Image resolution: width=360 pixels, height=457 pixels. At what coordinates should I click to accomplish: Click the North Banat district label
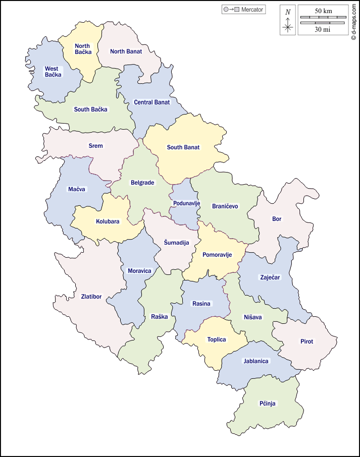(x=126, y=51)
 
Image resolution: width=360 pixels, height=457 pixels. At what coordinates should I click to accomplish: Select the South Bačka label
(x=91, y=109)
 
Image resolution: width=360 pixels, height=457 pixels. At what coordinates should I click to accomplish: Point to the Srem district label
(x=95, y=146)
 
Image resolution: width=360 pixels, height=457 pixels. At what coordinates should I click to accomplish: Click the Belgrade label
(x=142, y=183)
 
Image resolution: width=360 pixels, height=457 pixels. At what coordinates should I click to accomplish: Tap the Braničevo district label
(x=225, y=206)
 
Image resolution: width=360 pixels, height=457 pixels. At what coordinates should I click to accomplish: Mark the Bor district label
(x=277, y=219)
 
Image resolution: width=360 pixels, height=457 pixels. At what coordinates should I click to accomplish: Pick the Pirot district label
(x=306, y=341)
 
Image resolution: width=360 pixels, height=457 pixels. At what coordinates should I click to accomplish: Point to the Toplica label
(x=217, y=339)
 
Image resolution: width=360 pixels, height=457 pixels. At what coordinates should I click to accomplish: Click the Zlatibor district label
(x=91, y=297)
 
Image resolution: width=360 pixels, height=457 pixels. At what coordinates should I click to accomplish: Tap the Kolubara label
(x=108, y=221)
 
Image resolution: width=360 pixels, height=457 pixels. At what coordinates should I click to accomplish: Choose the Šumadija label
(x=176, y=243)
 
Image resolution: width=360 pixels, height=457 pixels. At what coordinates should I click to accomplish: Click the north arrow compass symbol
(x=288, y=20)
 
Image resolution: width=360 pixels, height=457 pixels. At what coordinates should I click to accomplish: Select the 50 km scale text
(x=323, y=11)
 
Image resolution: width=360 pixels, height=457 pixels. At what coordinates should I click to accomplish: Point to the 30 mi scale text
(x=323, y=29)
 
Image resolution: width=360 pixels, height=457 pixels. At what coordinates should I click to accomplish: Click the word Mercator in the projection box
(x=252, y=10)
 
